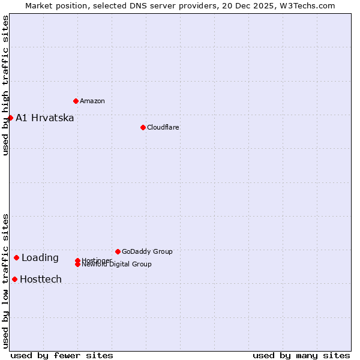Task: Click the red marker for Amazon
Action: tap(76, 101)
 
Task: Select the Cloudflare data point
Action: tap(143, 127)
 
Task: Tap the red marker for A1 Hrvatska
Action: tap(10, 118)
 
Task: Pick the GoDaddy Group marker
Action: tap(118, 251)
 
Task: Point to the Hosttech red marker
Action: tap(14, 279)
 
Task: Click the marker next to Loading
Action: tap(16, 257)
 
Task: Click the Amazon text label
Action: tap(92, 101)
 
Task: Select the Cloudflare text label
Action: tap(163, 127)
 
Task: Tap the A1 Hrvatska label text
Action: tap(44, 118)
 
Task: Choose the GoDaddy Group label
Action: tap(147, 251)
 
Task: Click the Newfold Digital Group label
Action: tap(116, 265)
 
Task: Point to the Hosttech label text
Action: tap(40, 280)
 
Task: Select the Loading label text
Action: tap(40, 258)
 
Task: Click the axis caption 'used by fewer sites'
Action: tap(62, 355)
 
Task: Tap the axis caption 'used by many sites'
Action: tap(301, 355)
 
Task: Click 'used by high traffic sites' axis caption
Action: tap(6, 85)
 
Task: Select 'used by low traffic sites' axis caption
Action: tap(6, 280)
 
